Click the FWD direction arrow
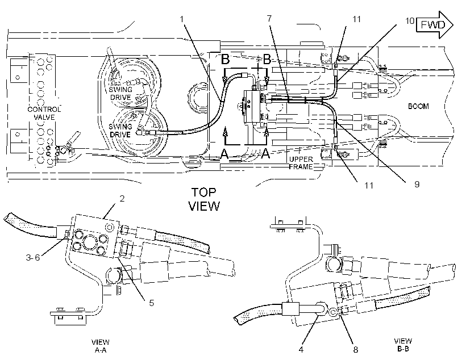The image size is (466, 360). coord(435,25)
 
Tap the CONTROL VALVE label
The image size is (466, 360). coord(44,113)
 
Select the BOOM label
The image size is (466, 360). coord(418,106)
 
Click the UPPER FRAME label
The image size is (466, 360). coord(301,163)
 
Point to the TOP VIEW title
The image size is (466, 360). coord(204,199)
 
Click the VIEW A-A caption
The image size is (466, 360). coord(100,346)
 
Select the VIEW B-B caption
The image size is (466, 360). coord(403,345)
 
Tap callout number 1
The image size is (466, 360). coord(182,19)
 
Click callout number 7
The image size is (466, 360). coord(269,18)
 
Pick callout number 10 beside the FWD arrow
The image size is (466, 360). coord(410,21)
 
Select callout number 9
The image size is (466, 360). coord(417,184)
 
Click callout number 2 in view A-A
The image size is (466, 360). coord(122,198)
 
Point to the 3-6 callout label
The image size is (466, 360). coord(33,257)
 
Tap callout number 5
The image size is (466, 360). coord(152,303)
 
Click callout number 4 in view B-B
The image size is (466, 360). coord(301,349)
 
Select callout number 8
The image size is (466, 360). coord(355,349)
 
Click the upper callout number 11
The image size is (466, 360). coord(357,19)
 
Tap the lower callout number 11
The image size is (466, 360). coord(369,185)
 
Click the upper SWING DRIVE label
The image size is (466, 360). coord(120,93)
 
